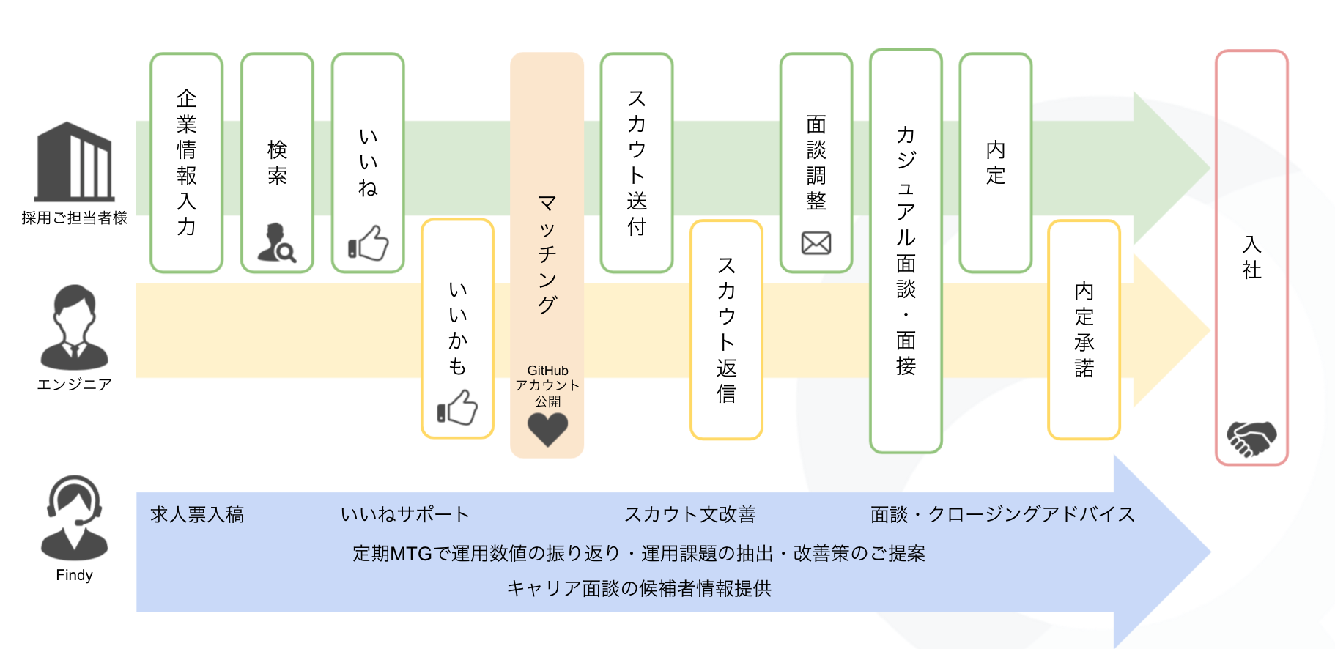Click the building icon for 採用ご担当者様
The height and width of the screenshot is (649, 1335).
point(75,162)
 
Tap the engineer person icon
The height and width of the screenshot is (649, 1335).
point(74,327)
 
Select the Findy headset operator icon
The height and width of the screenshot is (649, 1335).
point(74,517)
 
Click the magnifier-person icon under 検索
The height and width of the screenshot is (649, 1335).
point(277,242)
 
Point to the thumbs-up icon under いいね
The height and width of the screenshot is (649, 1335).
point(368,242)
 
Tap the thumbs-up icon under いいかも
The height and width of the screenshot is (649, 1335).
point(457,407)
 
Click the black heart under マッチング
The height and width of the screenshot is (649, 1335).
point(547,429)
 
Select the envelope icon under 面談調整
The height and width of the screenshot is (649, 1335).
point(816,242)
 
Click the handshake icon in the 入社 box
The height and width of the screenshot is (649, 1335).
point(1251,438)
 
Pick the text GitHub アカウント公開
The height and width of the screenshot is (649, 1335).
point(547,386)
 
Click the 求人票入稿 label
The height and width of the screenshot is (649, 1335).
point(197,515)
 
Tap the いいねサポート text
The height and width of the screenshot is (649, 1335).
point(404,515)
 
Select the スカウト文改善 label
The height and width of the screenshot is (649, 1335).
point(690,515)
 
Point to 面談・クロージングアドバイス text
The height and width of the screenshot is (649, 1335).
point(1002,515)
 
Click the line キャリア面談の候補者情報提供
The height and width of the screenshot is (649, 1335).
point(639,589)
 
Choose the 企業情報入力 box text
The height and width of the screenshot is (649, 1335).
point(187,162)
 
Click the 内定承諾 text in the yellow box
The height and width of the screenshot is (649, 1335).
point(1084,330)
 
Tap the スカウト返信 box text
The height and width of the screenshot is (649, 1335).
point(726,330)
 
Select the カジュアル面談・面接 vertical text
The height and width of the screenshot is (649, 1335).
point(906,250)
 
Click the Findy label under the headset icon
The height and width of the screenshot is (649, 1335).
point(74,575)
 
